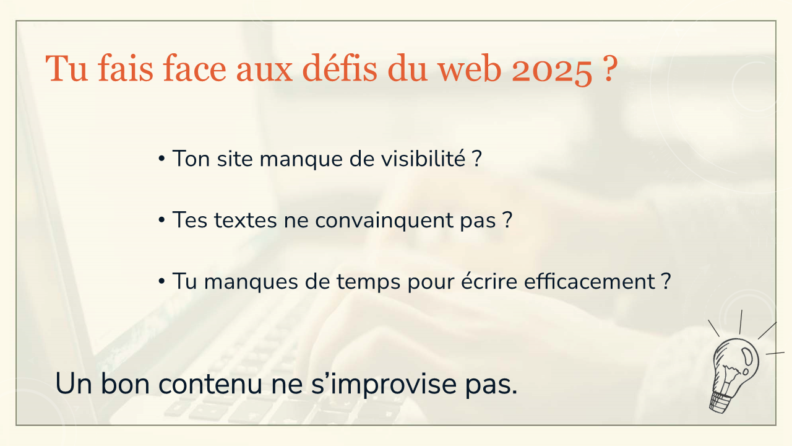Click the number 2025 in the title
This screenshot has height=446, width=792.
pyautogui.click(x=552, y=69)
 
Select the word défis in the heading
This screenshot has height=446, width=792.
pyautogui.click(x=340, y=68)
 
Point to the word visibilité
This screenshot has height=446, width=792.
pyautogui.click(x=423, y=158)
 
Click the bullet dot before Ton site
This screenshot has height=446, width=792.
pyautogui.click(x=161, y=159)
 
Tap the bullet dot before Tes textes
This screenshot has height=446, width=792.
pyautogui.click(x=161, y=220)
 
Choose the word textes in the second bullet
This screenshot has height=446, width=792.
pyautogui.click(x=246, y=220)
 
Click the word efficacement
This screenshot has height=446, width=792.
pyautogui.click(x=590, y=282)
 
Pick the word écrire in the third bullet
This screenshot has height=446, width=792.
pyautogui.click(x=489, y=281)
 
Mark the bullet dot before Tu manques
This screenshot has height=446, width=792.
pyautogui.click(x=161, y=282)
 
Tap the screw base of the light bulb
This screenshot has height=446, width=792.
pyautogui.click(x=721, y=402)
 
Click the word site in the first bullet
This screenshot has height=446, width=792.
pyautogui.click(x=235, y=158)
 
